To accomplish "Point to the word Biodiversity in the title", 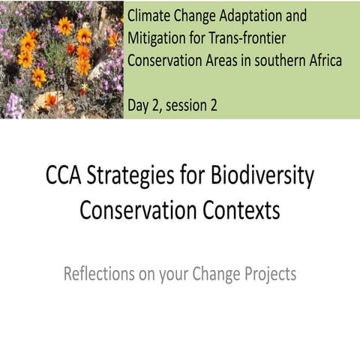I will click(262, 178).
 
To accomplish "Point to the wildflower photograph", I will click(60, 58).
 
